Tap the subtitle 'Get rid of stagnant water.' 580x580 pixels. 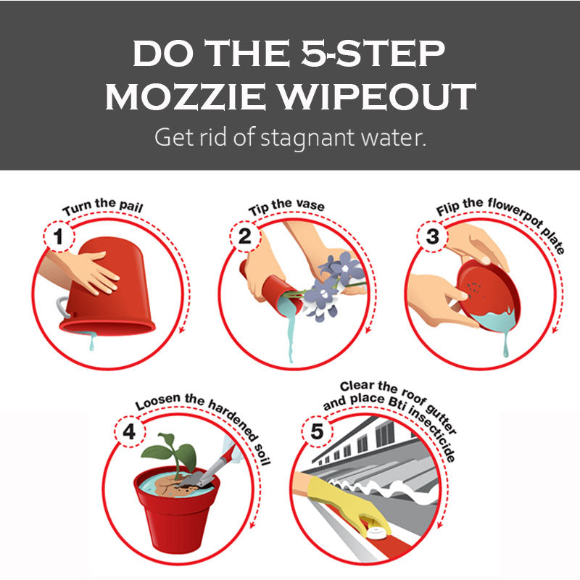[289, 137]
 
